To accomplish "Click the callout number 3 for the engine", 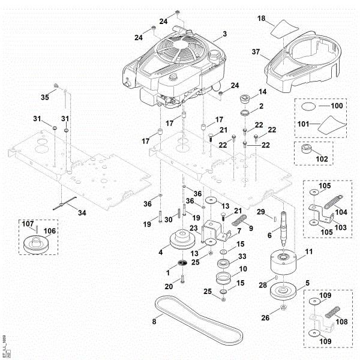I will pos(224,34).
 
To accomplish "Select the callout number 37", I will pos(256,52).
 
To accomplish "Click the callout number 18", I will pos(261,19).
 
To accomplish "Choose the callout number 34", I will pos(82,212).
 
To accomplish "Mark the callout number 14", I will pos(262,92).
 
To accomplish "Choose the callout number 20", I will pos(169,286).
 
